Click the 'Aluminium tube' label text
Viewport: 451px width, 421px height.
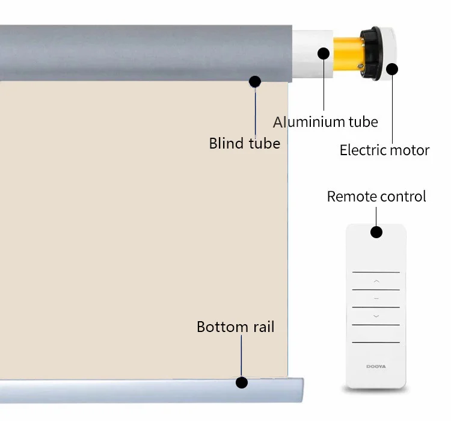point(325,122)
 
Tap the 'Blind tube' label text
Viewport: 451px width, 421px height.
point(244,144)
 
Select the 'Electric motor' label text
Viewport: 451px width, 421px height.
point(384,150)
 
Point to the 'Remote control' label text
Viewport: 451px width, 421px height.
point(376,197)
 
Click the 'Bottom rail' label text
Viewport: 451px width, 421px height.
point(235,327)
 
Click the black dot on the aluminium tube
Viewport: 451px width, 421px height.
point(324,53)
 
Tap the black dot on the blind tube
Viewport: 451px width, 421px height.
point(255,81)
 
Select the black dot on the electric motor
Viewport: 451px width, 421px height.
point(392,69)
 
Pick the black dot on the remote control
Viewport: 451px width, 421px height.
point(376,232)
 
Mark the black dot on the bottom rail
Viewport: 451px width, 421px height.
point(242,382)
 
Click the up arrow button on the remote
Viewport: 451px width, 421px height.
point(376,281)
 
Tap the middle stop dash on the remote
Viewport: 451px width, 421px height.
point(376,298)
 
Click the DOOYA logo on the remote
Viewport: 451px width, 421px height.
point(376,365)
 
